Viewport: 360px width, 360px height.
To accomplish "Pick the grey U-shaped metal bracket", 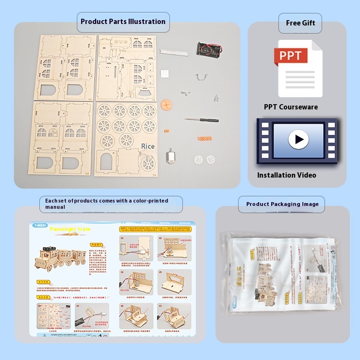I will coord(202,76).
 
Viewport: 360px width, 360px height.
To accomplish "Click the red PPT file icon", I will coord(291,56).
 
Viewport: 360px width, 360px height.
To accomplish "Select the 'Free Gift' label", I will coord(300,23).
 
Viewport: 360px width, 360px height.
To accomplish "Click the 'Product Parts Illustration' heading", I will coord(123,22).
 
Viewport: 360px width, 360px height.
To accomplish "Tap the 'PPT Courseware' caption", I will coord(290,107).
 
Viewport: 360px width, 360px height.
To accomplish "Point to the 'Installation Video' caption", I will coord(287,175).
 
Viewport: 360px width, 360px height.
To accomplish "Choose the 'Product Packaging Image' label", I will coord(282,204).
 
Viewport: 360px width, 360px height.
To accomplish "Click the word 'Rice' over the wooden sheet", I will coord(148,146).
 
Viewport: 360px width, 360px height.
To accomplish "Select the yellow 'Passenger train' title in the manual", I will coord(70,230).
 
